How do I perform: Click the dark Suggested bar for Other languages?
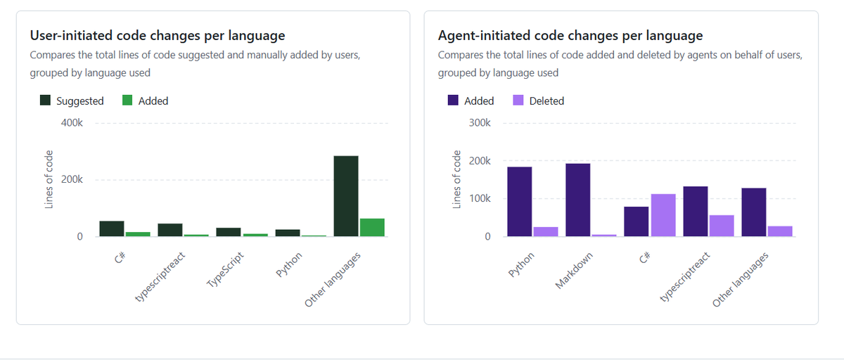coord(345,196)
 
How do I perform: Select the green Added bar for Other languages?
coord(372,228)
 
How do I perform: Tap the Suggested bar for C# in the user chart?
coord(112,229)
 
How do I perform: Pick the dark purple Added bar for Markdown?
coord(577,200)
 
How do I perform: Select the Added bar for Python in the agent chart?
coord(519,202)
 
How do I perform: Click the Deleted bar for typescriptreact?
coord(721,226)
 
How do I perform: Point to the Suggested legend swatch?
coord(46,101)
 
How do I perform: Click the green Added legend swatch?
coord(128,101)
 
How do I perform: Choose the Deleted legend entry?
coord(538,101)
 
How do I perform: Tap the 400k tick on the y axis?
coord(72,123)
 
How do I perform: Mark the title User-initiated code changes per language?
coord(157,35)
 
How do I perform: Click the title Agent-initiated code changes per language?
coord(570,35)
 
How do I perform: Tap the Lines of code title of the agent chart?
coord(456,180)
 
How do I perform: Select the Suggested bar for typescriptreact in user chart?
coord(170,230)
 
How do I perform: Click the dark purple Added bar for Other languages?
coord(753,212)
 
